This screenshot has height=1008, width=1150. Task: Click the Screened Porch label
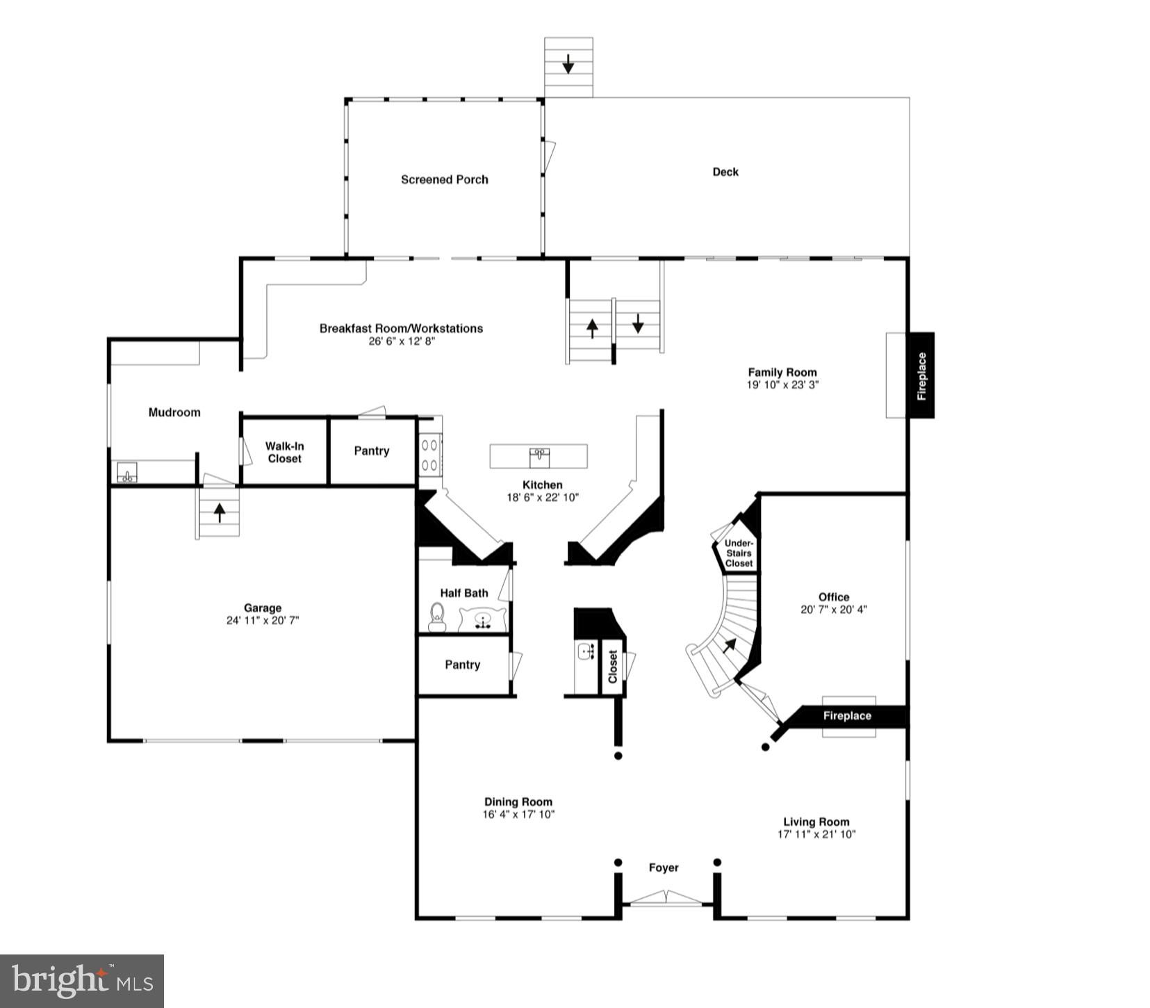point(444,179)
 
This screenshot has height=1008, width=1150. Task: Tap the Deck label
point(725,172)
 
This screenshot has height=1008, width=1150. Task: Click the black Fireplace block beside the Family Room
point(921,375)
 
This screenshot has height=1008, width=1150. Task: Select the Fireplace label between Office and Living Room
point(846,715)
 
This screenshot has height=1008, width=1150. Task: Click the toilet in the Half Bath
point(437,617)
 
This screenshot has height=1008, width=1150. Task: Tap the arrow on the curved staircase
point(729,645)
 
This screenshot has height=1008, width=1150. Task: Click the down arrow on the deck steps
point(568,64)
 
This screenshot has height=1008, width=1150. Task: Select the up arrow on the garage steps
point(220,513)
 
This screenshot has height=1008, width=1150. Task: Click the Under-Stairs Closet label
point(738,553)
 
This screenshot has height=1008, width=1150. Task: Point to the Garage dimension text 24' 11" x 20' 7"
point(262,620)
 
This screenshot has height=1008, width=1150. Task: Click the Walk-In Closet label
point(284,452)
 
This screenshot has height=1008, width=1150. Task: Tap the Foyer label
point(664,868)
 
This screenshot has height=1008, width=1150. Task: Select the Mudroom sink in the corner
point(126,473)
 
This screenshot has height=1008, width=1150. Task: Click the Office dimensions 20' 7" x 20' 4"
point(833,610)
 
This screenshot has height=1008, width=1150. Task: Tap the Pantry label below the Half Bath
point(462,665)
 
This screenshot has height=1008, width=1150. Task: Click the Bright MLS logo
point(82,981)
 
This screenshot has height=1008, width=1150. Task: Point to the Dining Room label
point(518,802)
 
